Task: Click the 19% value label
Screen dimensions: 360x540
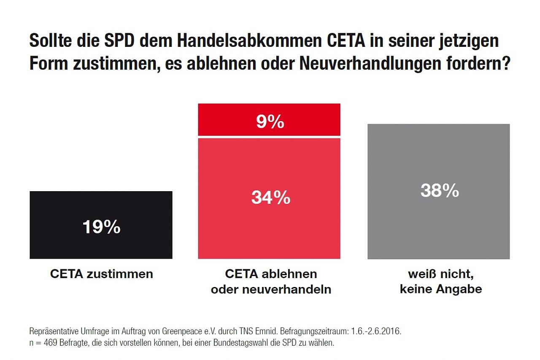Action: point(101,227)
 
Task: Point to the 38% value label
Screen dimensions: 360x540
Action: point(439,191)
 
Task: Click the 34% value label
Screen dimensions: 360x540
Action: point(270,197)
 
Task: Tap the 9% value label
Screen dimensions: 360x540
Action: point(270,122)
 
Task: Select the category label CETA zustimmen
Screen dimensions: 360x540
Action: point(101,274)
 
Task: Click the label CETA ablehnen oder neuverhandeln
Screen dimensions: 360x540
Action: point(271,282)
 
